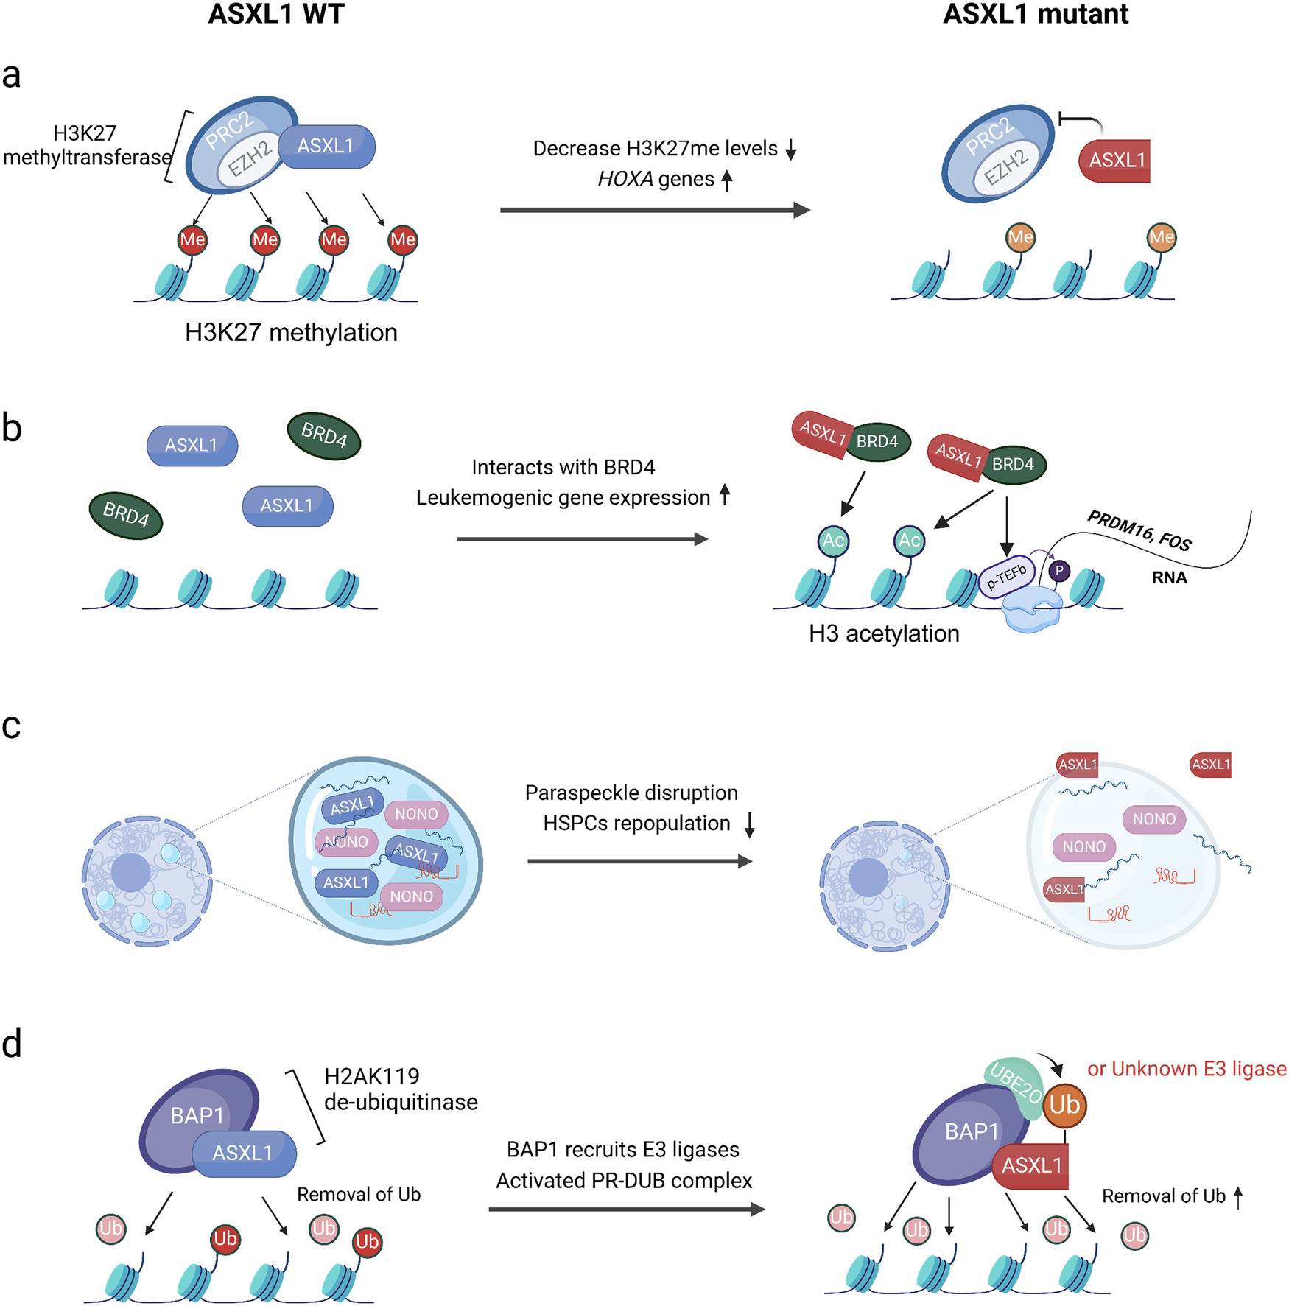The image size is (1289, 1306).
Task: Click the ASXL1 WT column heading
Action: [275, 15]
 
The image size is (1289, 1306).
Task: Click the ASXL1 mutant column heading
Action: [1035, 15]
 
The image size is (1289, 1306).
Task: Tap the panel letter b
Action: [12, 429]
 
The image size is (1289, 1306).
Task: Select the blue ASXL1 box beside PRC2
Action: [326, 147]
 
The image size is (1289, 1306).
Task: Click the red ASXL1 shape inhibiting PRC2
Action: [1116, 161]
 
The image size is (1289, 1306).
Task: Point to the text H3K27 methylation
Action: [291, 333]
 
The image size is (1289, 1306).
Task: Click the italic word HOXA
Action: [625, 180]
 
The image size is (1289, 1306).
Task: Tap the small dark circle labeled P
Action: [1059, 571]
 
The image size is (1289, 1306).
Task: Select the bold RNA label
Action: [1169, 578]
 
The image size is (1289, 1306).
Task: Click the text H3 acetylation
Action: [884, 634]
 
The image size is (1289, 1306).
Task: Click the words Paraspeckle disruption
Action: [631, 793]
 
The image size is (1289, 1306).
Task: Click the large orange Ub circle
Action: [1064, 1106]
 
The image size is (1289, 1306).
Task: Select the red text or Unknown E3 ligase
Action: [1187, 1069]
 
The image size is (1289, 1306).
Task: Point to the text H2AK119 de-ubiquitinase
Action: [400, 1089]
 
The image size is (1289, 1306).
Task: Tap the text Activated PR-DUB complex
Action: [624, 1181]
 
